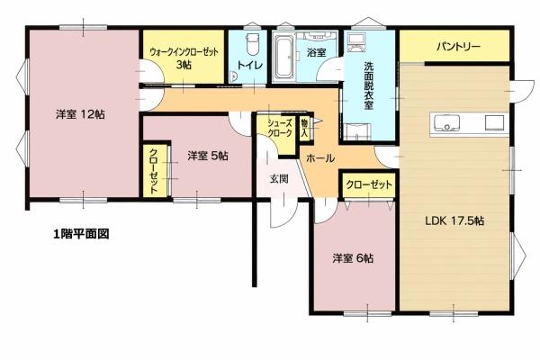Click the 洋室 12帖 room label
[x=80, y=114]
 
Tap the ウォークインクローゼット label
[x=184, y=52]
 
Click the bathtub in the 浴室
[x=284, y=58]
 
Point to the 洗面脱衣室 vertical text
[x=368, y=85]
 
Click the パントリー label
[x=458, y=47]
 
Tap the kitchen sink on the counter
[x=446, y=123]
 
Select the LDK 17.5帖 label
[x=454, y=220]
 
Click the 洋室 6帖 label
[x=353, y=258]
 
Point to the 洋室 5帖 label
[x=208, y=156]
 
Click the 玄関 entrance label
[x=279, y=179]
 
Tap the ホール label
[x=319, y=158]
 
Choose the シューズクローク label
[x=280, y=128]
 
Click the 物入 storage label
[x=304, y=128]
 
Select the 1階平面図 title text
[x=81, y=234]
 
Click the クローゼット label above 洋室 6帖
[x=369, y=185]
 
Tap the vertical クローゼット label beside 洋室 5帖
[x=154, y=171]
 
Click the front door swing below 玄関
[x=283, y=213]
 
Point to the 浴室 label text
[x=316, y=52]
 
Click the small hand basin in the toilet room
[x=233, y=76]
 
